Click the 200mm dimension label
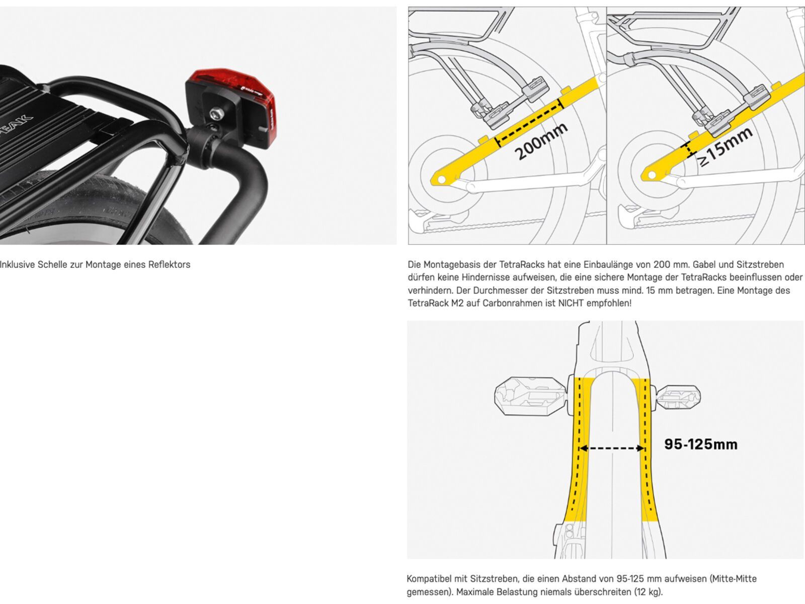pyautogui.click(x=541, y=141)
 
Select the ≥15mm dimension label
pyautogui.click(x=725, y=146)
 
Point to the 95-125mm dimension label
pyautogui.click(x=700, y=444)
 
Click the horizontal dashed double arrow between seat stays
pyautogui.click(x=612, y=448)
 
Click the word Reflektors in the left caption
pyautogui.click(x=169, y=265)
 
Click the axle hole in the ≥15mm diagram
pyautogui.click(x=651, y=175)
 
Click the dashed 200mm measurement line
pyautogui.click(x=528, y=123)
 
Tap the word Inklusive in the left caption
pyautogui.click(x=17, y=265)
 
